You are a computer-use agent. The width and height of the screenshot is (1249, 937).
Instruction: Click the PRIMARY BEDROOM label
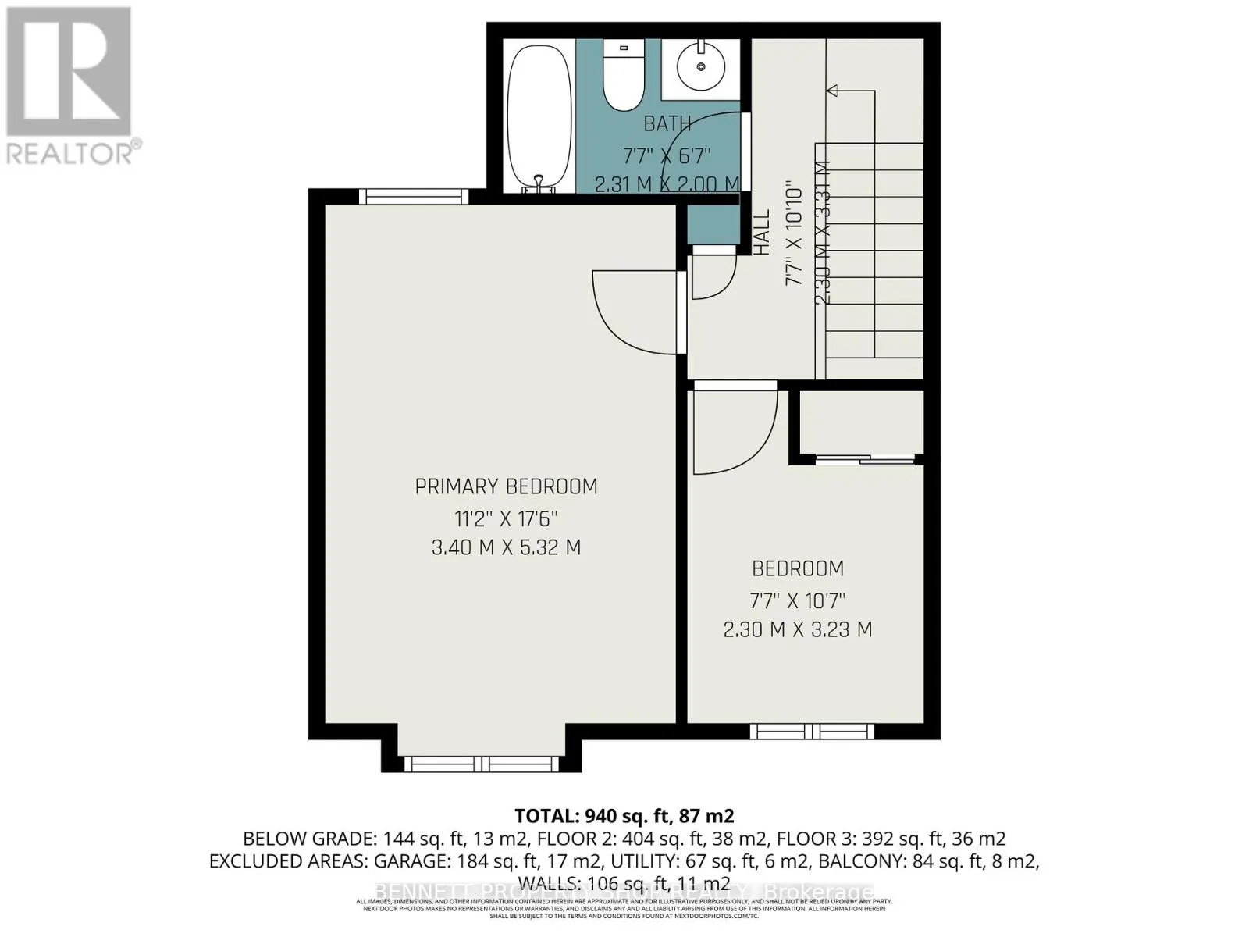pyautogui.click(x=506, y=486)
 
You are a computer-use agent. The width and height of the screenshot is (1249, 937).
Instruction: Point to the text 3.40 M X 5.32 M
pyautogui.click(x=506, y=547)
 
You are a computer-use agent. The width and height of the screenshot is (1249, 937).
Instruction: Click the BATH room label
pyautogui.click(x=667, y=123)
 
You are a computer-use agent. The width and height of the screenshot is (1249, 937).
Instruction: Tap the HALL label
pyautogui.click(x=762, y=232)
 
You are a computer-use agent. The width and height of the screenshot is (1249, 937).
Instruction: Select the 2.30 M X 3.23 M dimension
pyautogui.click(x=797, y=629)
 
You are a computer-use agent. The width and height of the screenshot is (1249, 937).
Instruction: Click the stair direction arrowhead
pyautogui.click(x=833, y=91)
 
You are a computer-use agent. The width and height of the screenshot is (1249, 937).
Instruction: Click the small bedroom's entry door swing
pyautogui.click(x=734, y=433)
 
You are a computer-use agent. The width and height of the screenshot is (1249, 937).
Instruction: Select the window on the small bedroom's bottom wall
pyautogui.click(x=812, y=732)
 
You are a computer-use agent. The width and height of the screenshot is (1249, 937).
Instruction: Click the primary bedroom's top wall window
pyautogui.click(x=413, y=196)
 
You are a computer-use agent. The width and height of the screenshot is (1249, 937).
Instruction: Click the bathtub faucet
pyautogui.click(x=538, y=183)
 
